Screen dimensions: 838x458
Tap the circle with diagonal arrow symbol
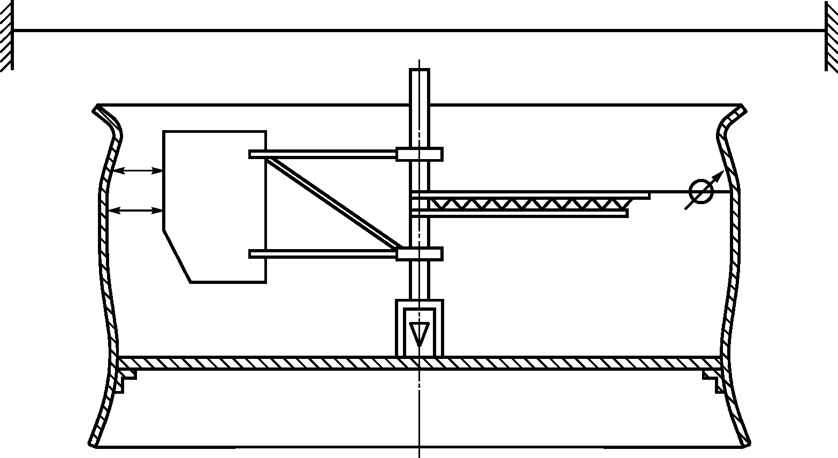701,192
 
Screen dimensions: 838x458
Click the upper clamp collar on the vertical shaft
419,154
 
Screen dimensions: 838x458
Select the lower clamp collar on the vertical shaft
419,254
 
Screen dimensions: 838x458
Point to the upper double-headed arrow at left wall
138,171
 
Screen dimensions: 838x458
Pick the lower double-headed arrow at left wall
136,211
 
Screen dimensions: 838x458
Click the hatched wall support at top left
6,35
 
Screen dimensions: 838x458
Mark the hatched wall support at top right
832,35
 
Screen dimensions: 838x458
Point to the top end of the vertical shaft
419,71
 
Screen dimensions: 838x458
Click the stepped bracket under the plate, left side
127,377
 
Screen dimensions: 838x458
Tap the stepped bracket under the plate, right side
712,377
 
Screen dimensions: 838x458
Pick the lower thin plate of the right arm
519,213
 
